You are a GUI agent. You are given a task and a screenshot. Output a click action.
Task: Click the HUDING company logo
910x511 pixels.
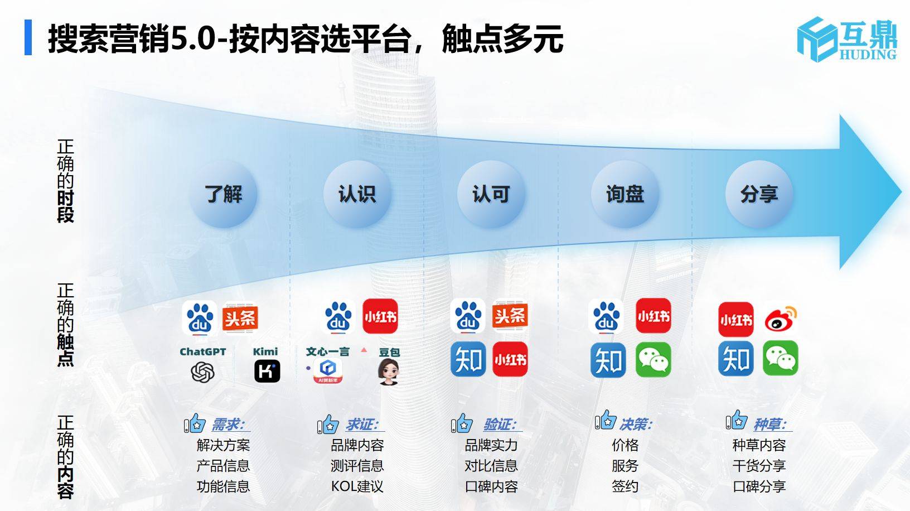pos(846,38)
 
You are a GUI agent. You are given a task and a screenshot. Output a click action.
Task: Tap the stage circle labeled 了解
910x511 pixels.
pos(223,194)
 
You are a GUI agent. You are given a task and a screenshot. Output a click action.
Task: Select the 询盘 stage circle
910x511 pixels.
pos(625,194)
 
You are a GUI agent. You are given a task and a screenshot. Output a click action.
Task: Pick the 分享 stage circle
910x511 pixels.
pos(759,194)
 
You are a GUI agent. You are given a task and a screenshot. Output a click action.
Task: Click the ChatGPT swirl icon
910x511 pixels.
pos(202,372)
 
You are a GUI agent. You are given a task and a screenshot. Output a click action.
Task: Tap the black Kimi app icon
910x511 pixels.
pos(267,372)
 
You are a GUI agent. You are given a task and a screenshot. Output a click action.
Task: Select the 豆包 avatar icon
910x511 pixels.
pos(388,372)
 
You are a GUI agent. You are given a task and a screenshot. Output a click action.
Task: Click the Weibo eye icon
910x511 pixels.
pos(781,319)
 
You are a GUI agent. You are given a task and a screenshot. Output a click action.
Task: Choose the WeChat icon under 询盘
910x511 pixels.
pos(654,360)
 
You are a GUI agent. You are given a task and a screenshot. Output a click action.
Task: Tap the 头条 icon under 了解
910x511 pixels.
pos(240,318)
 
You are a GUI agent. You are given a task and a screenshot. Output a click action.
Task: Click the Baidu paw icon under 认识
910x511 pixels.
pos(338,317)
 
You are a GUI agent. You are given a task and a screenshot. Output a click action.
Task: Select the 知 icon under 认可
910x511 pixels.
pos(468,360)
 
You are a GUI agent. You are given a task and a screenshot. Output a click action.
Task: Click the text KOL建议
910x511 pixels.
pos(357,486)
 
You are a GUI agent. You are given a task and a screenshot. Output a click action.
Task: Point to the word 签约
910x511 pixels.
pos(625,486)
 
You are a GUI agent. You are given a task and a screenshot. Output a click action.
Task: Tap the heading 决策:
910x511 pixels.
pos(636,425)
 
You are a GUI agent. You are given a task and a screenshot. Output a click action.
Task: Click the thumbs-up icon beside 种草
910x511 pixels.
pos(736,421)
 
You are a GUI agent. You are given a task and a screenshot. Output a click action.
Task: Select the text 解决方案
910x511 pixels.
pos(223,445)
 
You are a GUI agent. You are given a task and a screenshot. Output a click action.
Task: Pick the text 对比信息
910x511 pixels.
pos(491,466)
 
